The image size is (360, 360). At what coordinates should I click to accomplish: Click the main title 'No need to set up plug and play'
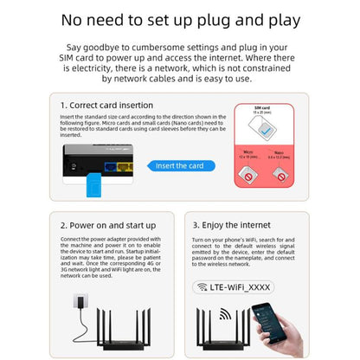tap(179, 18)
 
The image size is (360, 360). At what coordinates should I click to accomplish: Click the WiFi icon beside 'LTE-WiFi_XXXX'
tap(203, 286)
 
